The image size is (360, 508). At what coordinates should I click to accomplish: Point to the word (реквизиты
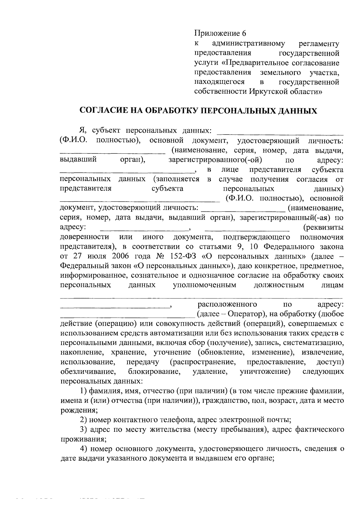point(323,228)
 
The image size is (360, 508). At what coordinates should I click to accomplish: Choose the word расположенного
point(227,304)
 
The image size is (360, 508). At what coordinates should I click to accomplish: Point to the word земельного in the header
point(280,72)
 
